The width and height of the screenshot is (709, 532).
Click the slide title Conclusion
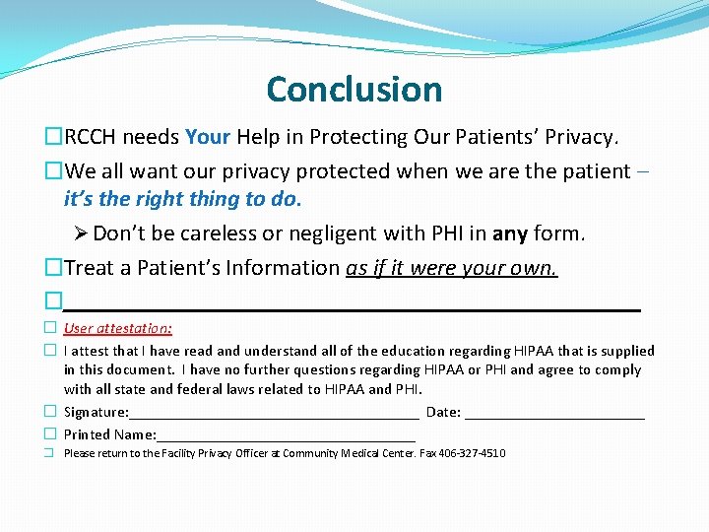point(354,90)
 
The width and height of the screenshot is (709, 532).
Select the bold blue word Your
point(207,137)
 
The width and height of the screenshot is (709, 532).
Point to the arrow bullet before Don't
point(82,234)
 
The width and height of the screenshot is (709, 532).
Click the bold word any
point(510,234)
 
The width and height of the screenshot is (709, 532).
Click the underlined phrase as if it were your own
point(452,268)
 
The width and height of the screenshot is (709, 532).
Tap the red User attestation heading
point(118,329)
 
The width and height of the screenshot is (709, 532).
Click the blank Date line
point(554,412)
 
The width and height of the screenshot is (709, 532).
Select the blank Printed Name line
point(286,434)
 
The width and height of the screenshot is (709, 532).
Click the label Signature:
point(97,412)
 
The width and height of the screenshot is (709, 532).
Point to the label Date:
point(443,412)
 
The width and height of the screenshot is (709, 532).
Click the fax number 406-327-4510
point(474,454)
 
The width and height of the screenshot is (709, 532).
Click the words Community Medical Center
point(350,454)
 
